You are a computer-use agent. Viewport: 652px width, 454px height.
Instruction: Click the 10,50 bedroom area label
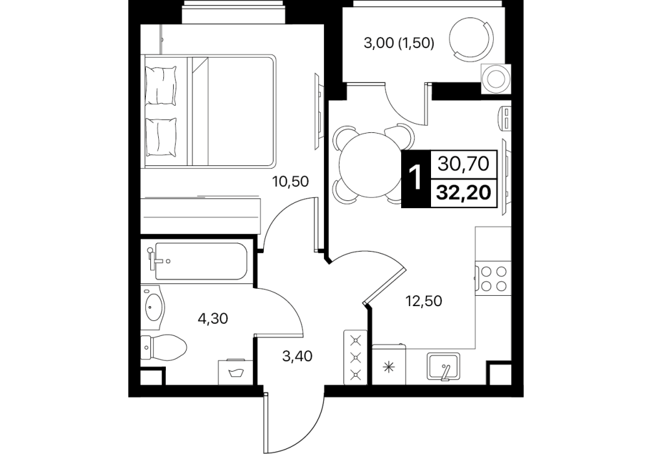point(290,182)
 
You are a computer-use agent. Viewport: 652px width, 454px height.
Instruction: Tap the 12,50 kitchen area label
point(424,300)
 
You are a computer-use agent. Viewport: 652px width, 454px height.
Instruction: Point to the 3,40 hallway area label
point(297,356)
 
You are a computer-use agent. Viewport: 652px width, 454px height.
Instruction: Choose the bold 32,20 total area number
point(463,193)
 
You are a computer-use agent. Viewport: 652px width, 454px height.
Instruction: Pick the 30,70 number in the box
point(463,164)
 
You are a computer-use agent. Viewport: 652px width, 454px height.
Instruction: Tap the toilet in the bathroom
point(163,347)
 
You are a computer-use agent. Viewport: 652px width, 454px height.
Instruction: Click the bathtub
point(198,261)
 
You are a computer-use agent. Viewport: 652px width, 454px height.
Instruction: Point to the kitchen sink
point(444,366)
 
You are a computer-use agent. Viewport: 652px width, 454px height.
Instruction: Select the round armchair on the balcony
point(472,38)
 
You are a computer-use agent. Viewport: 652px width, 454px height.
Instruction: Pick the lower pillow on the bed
point(161,137)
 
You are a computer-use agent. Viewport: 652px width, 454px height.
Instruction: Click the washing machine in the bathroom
point(235,372)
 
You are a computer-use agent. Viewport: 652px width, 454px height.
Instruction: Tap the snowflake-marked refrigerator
point(389,364)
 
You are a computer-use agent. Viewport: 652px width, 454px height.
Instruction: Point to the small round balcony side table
point(496,78)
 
